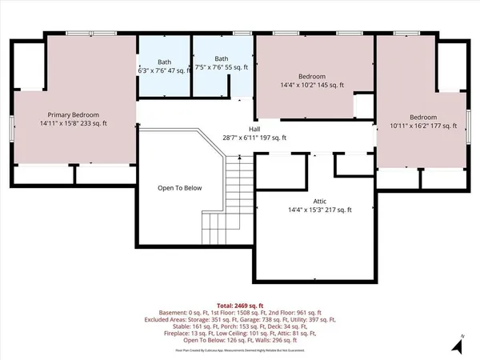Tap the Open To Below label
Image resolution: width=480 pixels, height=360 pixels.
[180, 188]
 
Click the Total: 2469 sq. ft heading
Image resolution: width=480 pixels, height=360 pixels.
[240, 306]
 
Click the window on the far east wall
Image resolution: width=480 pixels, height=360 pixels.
[469, 120]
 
